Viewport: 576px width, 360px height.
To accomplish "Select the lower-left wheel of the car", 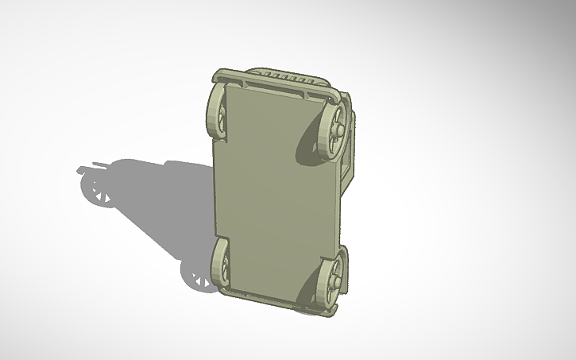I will tap(219, 265).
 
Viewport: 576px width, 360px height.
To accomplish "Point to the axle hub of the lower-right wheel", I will tap(338, 278).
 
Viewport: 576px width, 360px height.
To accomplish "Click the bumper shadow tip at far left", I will tap(81, 169).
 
